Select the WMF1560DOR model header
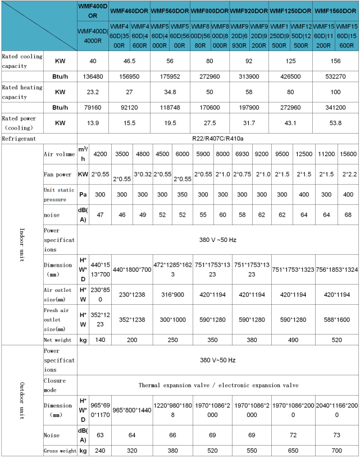(x=335, y=11)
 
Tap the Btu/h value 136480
(x=93, y=76)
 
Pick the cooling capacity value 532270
(x=335, y=76)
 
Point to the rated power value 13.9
(x=93, y=122)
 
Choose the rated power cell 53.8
(x=335, y=122)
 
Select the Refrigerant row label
(x=18, y=138)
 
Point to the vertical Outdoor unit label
(x=22, y=398)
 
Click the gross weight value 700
(x=335, y=451)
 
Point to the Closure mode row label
(x=54, y=385)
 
